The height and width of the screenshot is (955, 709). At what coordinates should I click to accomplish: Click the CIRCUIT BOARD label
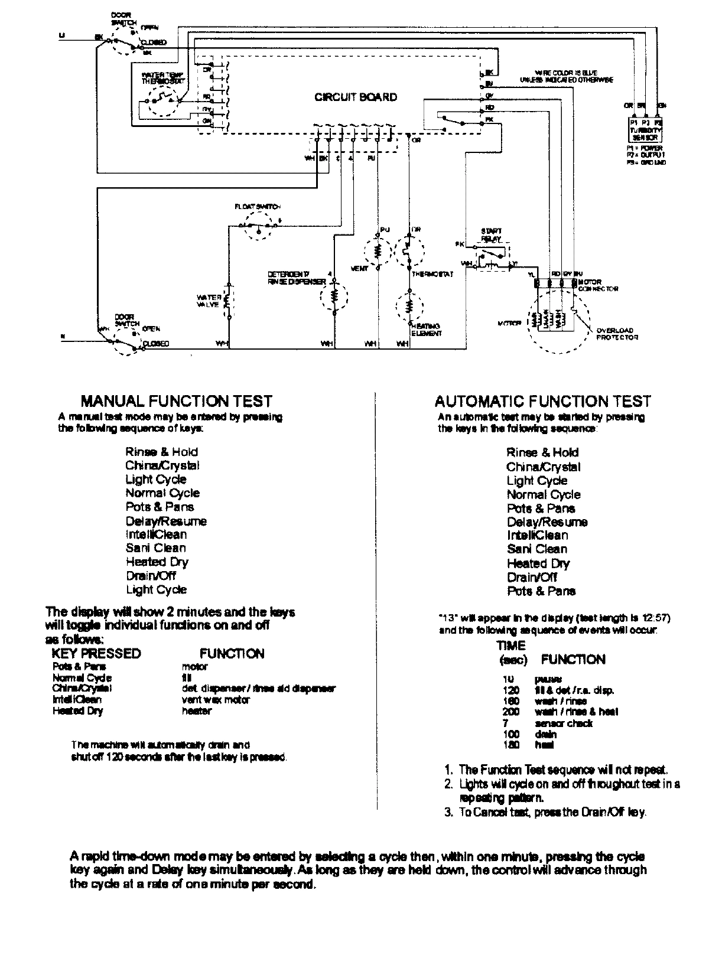(x=355, y=97)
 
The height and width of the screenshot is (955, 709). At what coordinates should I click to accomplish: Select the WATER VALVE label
(x=209, y=301)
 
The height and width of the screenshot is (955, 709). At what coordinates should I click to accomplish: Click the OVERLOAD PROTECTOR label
(x=617, y=334)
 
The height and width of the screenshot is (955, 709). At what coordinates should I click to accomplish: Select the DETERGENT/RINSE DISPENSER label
(x=296, y=278)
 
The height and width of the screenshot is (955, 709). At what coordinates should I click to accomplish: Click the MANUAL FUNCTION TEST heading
(x=176, y=402)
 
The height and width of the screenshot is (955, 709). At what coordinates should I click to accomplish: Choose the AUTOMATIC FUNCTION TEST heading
(x=542, y=402)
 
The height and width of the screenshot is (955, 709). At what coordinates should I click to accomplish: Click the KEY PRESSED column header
(x=96, y=653)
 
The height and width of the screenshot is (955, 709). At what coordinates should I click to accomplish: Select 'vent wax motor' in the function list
(x=216, y=699)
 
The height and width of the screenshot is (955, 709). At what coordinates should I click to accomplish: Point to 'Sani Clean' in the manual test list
(x=155, y=548)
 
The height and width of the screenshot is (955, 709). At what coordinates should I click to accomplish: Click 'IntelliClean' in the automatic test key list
(x=537, y=536)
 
